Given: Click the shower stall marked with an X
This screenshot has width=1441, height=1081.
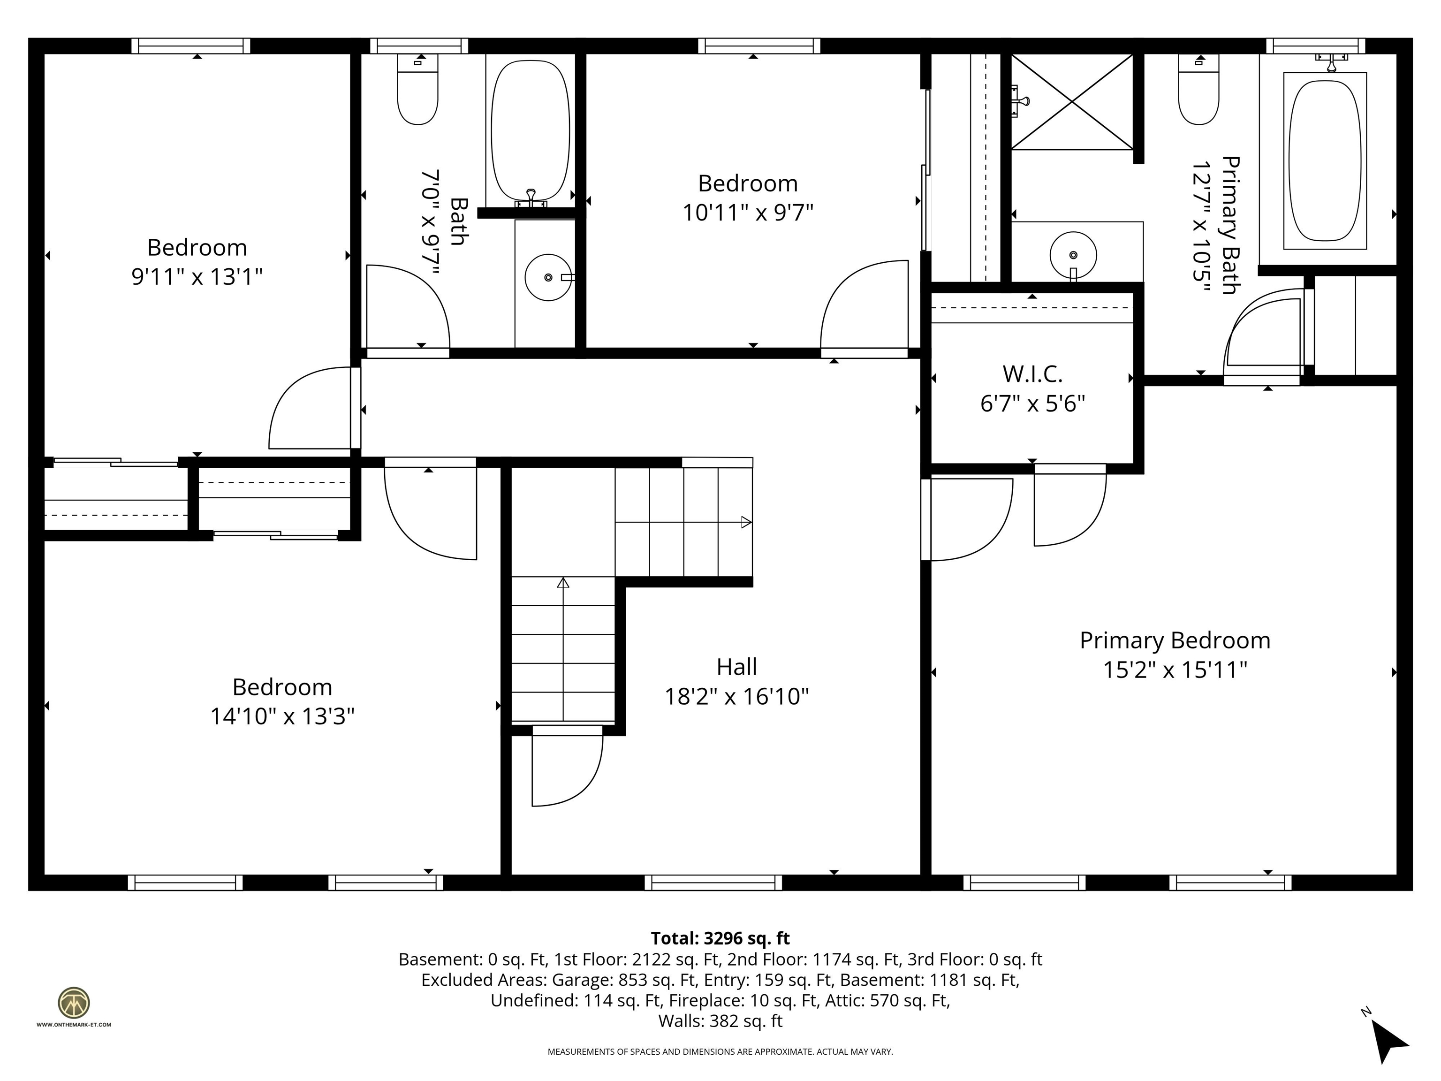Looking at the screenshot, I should [1072, 102].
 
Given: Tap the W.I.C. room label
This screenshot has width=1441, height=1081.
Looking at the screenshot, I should [1032, 374].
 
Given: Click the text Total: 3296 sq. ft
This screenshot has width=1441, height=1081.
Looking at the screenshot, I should [720, 938].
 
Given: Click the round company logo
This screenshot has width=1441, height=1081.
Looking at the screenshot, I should [74, 1003].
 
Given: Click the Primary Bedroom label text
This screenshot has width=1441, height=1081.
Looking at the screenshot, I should [1175, 640].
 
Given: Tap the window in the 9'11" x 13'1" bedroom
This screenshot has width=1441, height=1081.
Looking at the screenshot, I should [191, 46].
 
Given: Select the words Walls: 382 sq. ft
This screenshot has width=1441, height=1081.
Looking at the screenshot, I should [720, 1021].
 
